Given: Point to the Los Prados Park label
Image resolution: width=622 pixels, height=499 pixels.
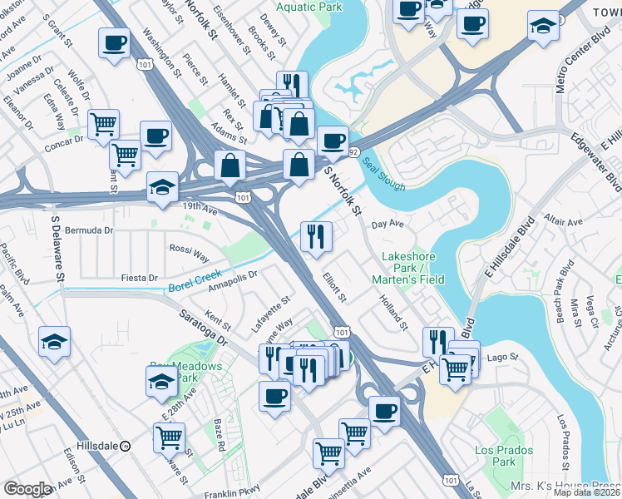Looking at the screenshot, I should pyautogui.click(x=496, y=456).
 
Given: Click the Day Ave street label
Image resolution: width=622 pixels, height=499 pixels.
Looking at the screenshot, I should pyautogui.click(x=387, y=225).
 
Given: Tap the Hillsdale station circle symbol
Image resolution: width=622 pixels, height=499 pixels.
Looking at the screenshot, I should pyautogui.click(x=125, y=445).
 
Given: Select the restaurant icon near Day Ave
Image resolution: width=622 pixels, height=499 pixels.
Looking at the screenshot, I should pyautogui.click(x=317, y=235).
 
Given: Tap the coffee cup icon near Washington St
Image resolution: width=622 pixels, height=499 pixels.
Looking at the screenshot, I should pyautogui.click(x=114, y=42).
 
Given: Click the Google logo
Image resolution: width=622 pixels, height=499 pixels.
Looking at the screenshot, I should pyautogui.click(x=28, y=488).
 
